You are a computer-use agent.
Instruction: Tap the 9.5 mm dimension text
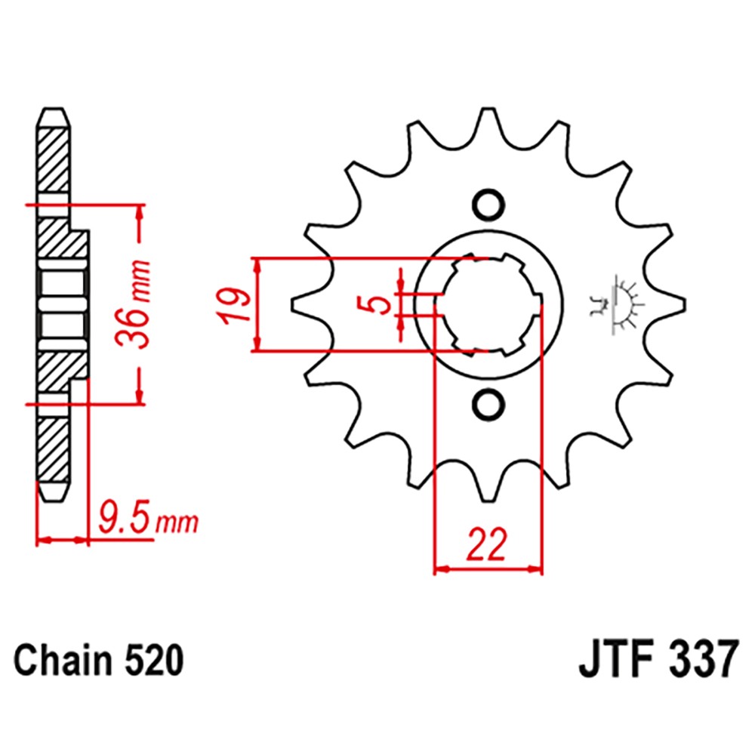[146, 519]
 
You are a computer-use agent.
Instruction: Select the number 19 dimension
[234, 305]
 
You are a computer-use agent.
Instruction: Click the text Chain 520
[99, 661]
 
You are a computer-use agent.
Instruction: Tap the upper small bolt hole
[487, 204]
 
